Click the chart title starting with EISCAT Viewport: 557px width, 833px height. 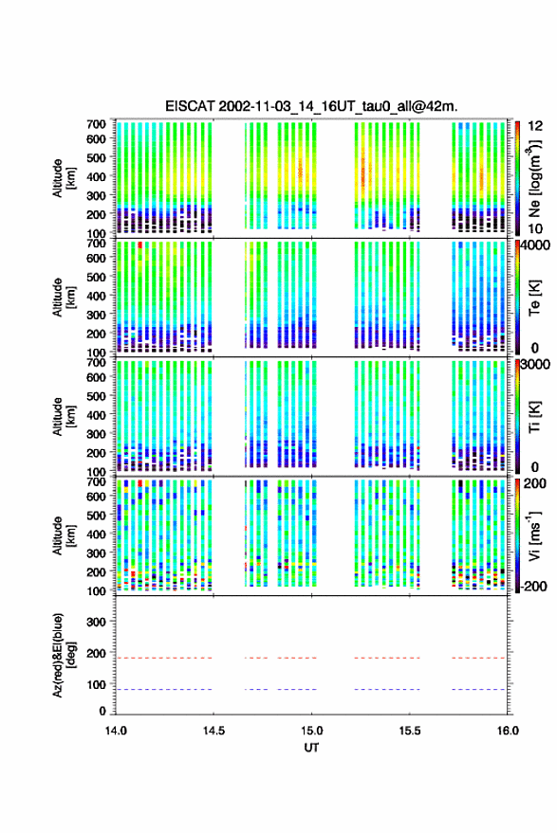311,106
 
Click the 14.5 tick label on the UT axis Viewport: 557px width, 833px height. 214,731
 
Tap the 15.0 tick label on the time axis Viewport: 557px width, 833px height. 311,731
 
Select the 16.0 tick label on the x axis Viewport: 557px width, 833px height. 508,731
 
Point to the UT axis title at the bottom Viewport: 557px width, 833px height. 311,748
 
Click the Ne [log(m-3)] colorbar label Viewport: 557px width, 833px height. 534,179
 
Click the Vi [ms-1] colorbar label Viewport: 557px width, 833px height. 534,535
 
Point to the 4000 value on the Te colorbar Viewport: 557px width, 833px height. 536,245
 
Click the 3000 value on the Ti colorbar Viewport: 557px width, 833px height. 536,365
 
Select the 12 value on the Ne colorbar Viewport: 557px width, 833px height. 536,126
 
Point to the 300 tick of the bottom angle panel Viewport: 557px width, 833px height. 96,622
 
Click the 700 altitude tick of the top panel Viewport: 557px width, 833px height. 96,124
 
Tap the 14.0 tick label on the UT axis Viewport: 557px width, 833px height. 116,731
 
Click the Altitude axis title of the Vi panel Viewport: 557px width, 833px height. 64,535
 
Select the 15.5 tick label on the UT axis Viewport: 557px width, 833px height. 410,731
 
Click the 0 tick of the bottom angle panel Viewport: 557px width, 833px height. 102,711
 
